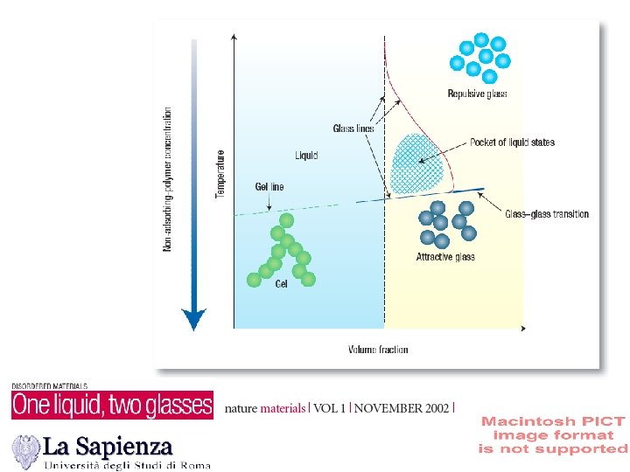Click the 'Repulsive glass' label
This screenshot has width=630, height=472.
(477, 94)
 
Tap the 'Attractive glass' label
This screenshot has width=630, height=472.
(445, 257)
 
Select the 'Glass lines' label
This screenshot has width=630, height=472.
(353, 128)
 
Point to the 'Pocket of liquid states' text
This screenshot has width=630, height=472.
(512, 142)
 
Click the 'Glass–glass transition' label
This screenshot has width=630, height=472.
(547, 214)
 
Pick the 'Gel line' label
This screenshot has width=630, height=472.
(269, 187)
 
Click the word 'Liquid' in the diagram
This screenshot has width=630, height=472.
(306, 156)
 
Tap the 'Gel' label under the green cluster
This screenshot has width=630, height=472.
(281, 285)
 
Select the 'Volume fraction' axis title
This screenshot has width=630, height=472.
(378, 350)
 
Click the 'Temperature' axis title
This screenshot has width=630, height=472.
(220, 172)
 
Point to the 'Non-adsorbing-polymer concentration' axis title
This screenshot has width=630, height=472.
(168, 179)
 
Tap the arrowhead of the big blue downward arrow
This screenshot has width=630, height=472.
(193, 319)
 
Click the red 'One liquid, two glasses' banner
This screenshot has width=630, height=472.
(112, 405)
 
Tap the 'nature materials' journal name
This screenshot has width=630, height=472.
(265, 408)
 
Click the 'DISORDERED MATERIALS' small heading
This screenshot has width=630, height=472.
(49, 385)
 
